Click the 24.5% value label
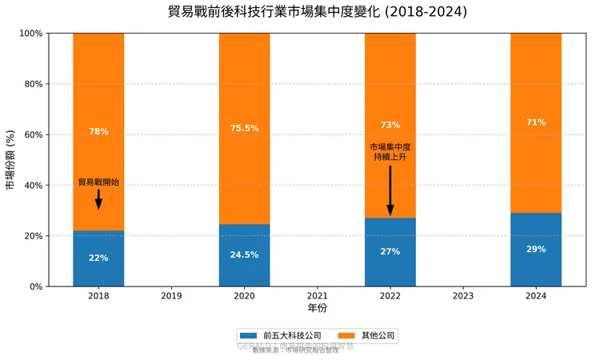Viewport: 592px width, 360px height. tap(244, 255)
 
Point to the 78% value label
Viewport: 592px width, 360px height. tap(98, 132)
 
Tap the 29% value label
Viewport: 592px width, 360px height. tap(536, 250)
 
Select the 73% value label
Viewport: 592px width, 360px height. tap(390, 126)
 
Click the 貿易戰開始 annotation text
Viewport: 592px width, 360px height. tap(98, 182)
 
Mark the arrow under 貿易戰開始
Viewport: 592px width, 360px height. tap(98, 199)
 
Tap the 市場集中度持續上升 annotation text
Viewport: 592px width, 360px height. tap(390, 152)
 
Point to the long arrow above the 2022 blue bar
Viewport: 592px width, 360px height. tap(390, 190)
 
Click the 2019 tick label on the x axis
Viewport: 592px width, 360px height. tap(171, 296)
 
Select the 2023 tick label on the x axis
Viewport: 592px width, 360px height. tap(463, 296)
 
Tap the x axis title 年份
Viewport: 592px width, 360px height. tap(318, 308)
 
